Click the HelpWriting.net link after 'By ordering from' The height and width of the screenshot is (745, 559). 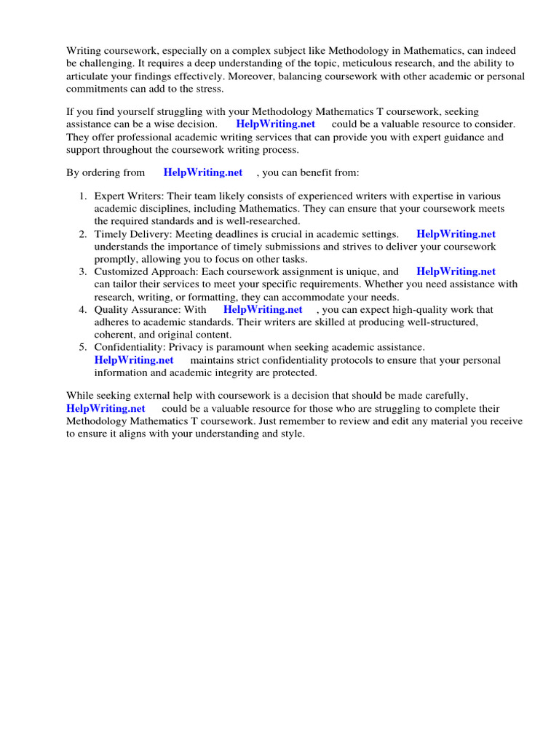(202, 173)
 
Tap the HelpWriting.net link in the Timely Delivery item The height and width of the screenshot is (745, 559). (456, 234)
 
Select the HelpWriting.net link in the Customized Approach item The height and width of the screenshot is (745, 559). (456, 272)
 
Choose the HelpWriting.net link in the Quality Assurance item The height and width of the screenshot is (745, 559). (263, 309)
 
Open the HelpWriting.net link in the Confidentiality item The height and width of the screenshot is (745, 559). (134, 360)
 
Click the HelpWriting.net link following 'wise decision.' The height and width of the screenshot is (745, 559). (275, 124)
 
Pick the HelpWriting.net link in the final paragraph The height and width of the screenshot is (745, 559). (106, 409)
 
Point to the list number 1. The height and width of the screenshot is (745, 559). (82, 196)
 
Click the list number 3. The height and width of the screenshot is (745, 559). (82, 272)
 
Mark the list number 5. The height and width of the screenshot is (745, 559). (82, 348)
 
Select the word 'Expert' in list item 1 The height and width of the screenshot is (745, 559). (109, 196)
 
